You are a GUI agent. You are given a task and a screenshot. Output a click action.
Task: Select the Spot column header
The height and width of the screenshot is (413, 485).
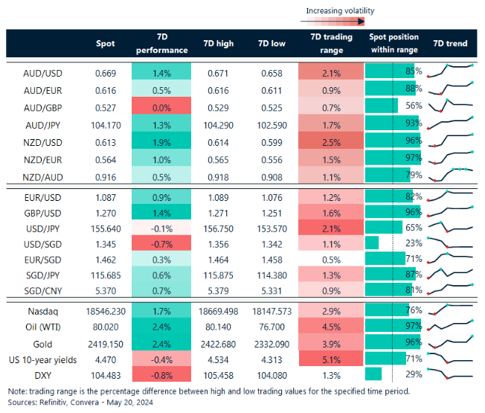pos(106,44)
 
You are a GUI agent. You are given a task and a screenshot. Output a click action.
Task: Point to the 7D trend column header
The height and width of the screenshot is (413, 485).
pos(450,44)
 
